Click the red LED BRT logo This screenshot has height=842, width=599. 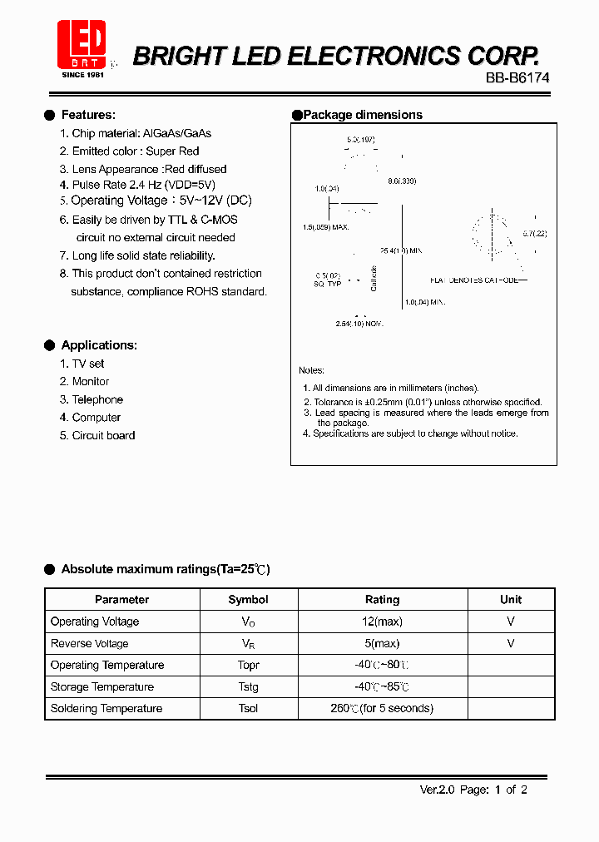pos(81,45)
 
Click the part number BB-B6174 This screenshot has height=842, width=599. pos(517,77)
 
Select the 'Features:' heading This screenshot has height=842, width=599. pos(88,115)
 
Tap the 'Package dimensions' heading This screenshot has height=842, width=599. pos(362,115)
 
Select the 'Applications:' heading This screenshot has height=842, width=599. pos(99,345)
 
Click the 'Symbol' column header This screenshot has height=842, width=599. pos(248,599)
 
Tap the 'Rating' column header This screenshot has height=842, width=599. pos(383,599)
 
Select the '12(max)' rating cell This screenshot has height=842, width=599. pos(383,622)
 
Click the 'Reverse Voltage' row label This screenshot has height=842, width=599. pos(90,643)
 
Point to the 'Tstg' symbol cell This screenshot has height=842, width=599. pos(248,686)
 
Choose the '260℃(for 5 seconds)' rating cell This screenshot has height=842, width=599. pos(382,708)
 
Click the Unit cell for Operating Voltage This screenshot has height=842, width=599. pos(511,622)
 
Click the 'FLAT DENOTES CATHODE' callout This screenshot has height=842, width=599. pos(474,280)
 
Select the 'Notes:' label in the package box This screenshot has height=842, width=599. pos(312,370)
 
